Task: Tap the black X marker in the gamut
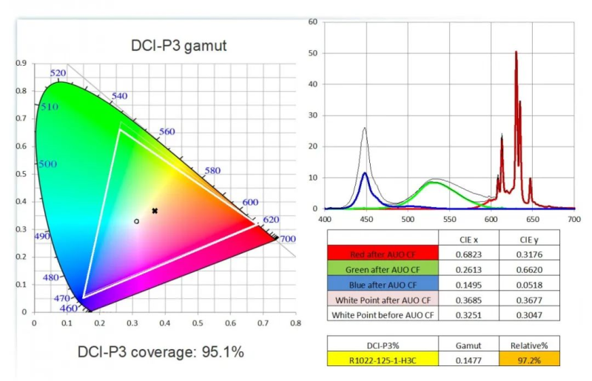155,211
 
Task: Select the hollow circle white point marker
137,221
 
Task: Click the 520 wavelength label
58,73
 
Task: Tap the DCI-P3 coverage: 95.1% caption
161,352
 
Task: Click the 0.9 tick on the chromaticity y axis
21,64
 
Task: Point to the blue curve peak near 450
365,174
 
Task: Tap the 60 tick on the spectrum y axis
313,22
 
